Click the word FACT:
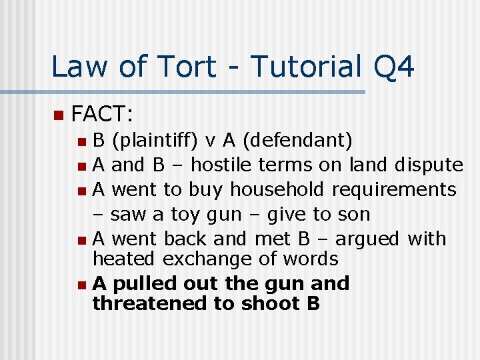[x=102, y=114]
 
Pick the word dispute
[x=429, y=165]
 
